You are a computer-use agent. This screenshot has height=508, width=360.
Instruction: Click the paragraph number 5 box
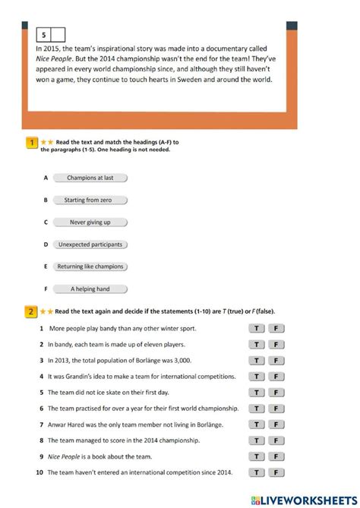(44, 34)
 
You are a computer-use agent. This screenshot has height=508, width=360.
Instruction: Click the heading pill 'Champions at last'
(90, 178)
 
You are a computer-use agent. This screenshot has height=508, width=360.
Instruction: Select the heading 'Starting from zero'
(90, 200)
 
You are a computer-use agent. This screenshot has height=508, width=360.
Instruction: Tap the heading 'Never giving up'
(90, 222)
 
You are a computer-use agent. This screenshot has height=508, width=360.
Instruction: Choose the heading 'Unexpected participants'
(90, 245)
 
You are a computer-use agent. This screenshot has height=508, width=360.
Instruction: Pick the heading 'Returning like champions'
(90, 267)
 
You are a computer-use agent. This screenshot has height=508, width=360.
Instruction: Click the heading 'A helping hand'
(90, 289)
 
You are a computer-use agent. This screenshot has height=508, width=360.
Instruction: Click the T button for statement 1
(257, 329)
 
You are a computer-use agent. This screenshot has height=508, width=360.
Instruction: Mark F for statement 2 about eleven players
(276, 345)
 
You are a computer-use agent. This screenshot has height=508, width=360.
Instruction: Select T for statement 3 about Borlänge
(257, 361)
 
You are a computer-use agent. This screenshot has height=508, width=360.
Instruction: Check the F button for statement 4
(276, 377)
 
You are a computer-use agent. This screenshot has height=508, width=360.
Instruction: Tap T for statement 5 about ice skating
(257, 393)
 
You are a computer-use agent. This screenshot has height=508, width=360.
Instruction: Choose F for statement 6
(276, 409)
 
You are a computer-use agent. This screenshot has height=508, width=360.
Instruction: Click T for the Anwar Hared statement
(257, 424)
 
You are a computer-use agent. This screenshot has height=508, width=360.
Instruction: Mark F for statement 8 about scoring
(276, 440)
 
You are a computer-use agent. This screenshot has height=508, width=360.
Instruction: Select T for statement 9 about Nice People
(257, 456)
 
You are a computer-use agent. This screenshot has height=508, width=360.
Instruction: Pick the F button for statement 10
(276, 472)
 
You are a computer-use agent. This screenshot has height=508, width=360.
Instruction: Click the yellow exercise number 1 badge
(32, 142)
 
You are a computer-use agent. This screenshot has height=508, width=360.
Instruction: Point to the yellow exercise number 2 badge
(32, 311)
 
